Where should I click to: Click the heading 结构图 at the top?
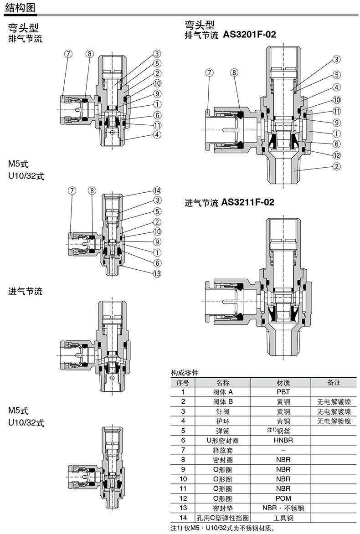pos(19,8)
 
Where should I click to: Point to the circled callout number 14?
pos(157,190)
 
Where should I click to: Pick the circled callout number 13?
pos(157,273)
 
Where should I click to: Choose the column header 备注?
pos(334,382)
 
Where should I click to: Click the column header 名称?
pos(223,382)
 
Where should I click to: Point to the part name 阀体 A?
pos(223,392)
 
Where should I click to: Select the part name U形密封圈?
pos(223,440)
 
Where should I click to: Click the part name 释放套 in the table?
pos(223,450)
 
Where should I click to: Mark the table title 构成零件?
pos(185,373)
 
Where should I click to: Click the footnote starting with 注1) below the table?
pos(223,528)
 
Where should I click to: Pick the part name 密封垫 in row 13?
pos(223,508)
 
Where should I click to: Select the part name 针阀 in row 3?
pos(223,411)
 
